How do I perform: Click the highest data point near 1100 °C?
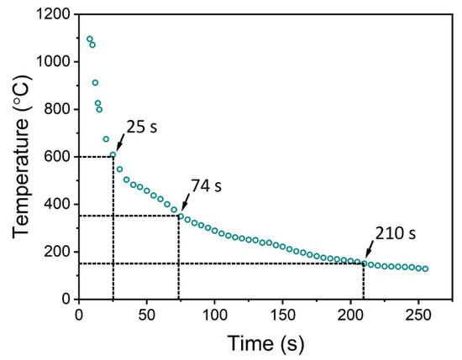tap(90, 39)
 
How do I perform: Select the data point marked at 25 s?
tap(113, 155)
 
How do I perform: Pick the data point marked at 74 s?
tap(180, 216)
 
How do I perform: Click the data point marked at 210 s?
tap(364, 263)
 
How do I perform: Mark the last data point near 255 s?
tap(425, 269)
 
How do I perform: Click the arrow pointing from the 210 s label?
tap(370, 251)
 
